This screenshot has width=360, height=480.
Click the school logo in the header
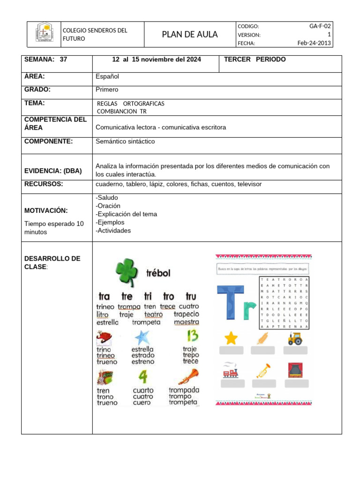click(x=45, y=34)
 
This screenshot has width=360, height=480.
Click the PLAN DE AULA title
click(x=190, y=35)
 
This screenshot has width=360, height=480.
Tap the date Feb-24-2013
click(x=314, y=43)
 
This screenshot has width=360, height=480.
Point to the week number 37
click(x=64, y=60)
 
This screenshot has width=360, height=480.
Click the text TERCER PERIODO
click(x=255, y=60)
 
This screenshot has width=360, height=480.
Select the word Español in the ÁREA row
click(x=107, y=76)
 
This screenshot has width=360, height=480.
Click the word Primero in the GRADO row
click(x=107, y=90)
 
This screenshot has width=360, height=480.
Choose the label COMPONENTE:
click(x=48, y=142)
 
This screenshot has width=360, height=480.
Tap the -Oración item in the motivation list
click(x=108, y=206)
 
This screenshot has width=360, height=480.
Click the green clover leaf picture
click(x=127, y=271)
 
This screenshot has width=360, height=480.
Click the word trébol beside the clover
click(x=158, y=273)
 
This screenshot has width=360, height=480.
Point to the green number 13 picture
click(x=192, y=336)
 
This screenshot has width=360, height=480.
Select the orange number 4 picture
click(x=143, y=377)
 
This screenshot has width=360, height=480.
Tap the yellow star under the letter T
click(x=231, y=337)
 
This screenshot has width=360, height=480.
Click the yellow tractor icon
click(x=295, y=338)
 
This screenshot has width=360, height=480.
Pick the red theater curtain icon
click(x=295, y=370)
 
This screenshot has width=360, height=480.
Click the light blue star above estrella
click(x=142, y=337)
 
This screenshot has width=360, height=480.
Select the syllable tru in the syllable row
click(x=191, y=296)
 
